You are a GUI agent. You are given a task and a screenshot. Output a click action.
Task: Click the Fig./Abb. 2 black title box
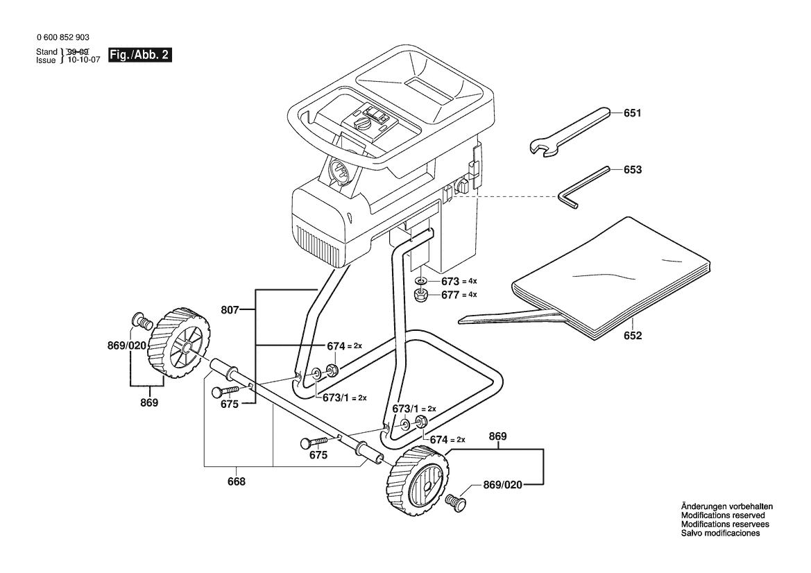pyautogui.click(x=139, y=55)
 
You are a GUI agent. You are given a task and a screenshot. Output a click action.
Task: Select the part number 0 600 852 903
pyautogui.click(x=63, y=37)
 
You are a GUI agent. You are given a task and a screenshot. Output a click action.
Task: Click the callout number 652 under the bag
pyautogui.click(x=633, y=336)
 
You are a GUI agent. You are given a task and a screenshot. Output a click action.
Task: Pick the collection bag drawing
pyautogui.click(x=584, y=280)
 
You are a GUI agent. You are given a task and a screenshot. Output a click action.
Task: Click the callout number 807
pyautogui.click(x=230, y=310)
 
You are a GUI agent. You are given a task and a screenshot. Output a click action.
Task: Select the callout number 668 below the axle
pyautogui.click(x=237, y=481)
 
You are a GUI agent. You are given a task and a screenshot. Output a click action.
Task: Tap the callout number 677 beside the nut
pyautogui.click(x=450, y=295)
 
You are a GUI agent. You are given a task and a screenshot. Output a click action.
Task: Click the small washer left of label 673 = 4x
pyautogui.click(x=421, y=281)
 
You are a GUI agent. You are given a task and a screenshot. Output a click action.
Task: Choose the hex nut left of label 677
pyautogui.click(x=421, y=296)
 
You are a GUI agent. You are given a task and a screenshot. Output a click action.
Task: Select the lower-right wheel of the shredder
pyautogui.click(x=417, y=481)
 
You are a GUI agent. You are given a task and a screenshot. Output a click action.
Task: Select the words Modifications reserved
pyautogui.click(x=723, y=515)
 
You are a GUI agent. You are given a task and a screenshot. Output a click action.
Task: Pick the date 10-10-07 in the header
pyautogui.click(x=85, y=60)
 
